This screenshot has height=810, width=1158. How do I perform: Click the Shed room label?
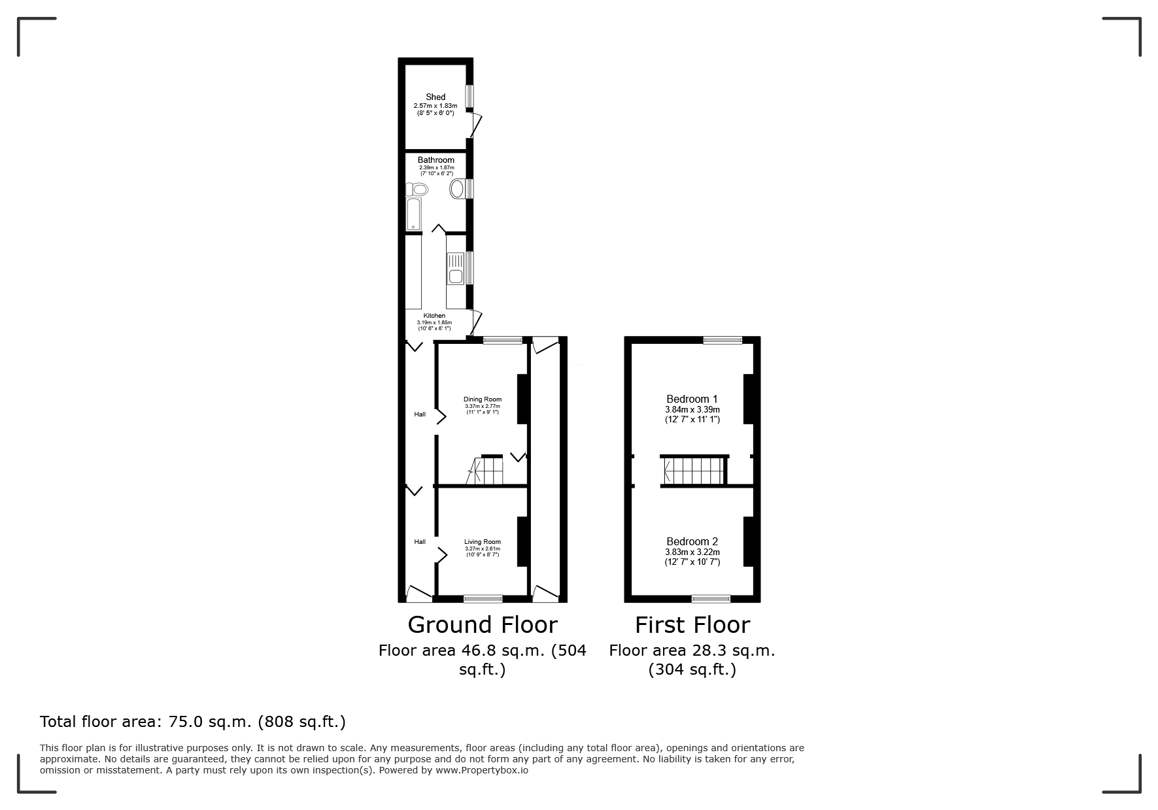(x=435, y=97)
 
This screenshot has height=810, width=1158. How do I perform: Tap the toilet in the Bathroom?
(x=417, y=190)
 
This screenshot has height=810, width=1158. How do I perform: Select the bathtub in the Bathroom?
(x=414, y=215)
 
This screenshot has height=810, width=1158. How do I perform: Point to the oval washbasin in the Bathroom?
(x=458, y=189)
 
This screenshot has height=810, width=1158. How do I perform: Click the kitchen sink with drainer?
(x=455, y=269)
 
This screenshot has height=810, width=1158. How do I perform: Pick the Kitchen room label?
(x=434, y=316)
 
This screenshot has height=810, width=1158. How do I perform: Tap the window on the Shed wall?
(x=469, y=97)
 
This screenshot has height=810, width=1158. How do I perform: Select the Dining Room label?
(x=483, y=399)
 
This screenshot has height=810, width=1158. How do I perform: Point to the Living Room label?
(x=483, y=542)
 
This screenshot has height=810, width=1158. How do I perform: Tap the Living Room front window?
(x=483, y=598)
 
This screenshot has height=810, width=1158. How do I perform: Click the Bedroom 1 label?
(x=692, y=399)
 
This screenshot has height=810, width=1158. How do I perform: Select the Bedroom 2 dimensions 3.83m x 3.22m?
(x=692, y=552)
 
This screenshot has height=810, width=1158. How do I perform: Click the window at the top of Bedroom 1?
(x=723, y=340)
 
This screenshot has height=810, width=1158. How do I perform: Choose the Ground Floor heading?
(x=483, y=625)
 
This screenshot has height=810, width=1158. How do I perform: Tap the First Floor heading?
(x=692, y=625)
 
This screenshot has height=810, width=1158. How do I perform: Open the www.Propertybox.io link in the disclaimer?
(x=482, y=770)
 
